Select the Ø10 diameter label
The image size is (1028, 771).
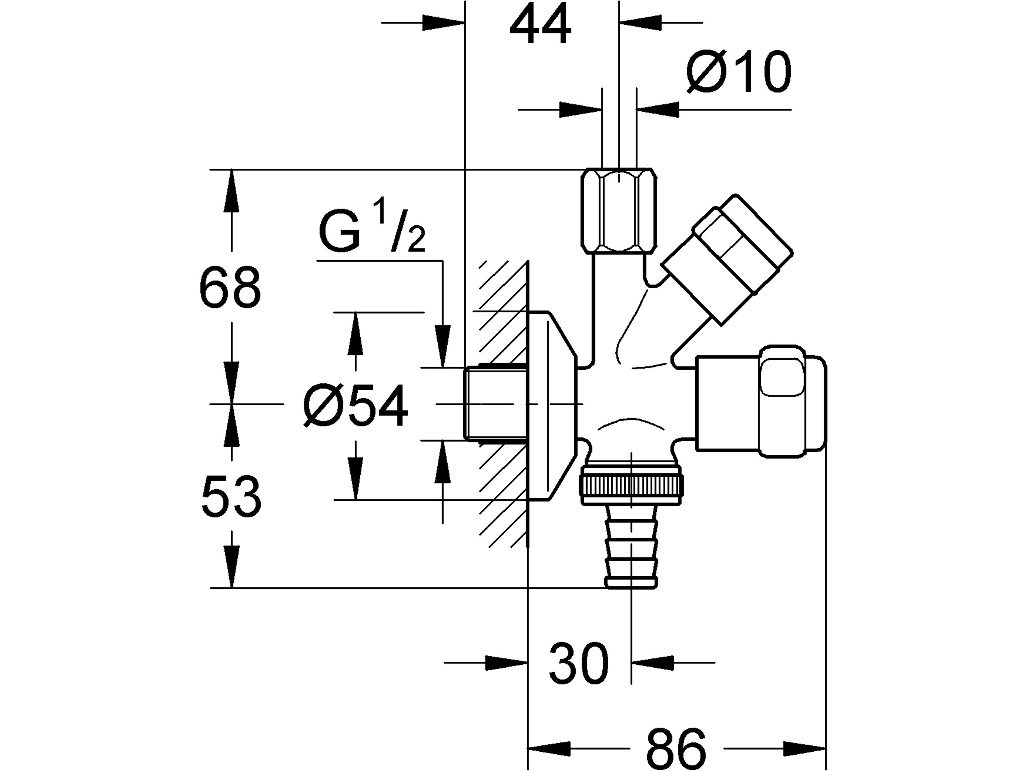coord(738,72)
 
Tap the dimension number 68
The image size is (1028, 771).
coord(230,287)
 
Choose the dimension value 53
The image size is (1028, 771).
coord(231,496)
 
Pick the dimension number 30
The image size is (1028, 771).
coord(579,663)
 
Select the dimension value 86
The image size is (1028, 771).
coord(676,749)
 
